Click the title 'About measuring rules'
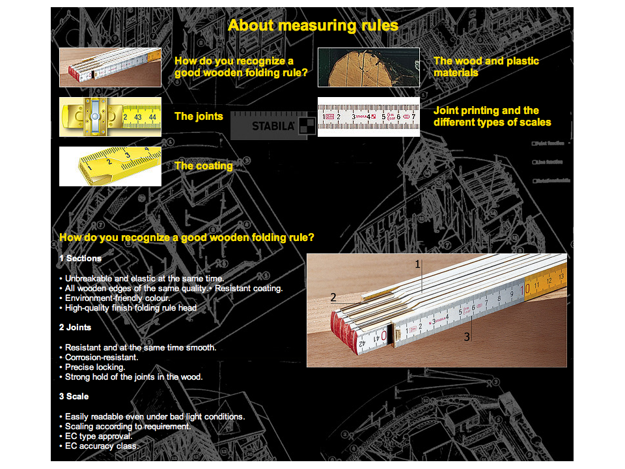point(312,25)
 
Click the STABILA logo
point(273,126)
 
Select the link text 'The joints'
point(199,117)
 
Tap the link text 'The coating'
point(203,166)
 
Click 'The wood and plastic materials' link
point(486,66)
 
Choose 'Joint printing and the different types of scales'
point(492,116)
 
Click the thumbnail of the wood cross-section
point(368,67)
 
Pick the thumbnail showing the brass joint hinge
point(110,117)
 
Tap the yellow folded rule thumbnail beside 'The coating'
point(110,166)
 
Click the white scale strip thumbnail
point(368,117)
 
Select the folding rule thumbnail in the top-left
point(110,67)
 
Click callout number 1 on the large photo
point(418,264)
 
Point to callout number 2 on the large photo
point(333,298)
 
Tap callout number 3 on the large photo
point(467,337)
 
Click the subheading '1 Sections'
point(80,259)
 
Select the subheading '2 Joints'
point(75,328)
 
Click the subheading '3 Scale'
point(74,397)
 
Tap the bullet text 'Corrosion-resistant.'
point(101,358)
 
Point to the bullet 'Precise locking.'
point(94,367)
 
